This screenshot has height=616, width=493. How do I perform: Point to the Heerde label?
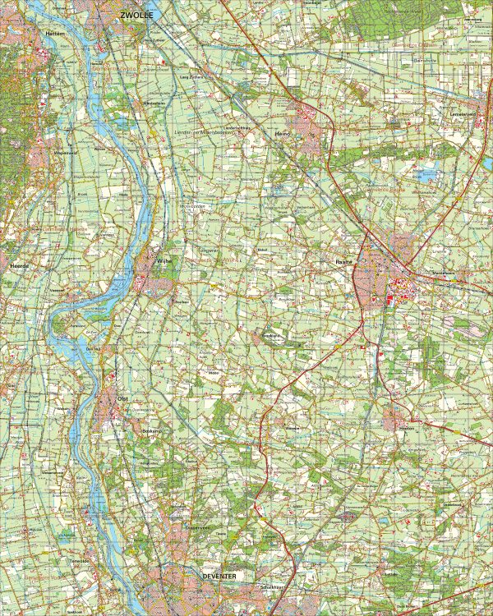click(x=19, y=267)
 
